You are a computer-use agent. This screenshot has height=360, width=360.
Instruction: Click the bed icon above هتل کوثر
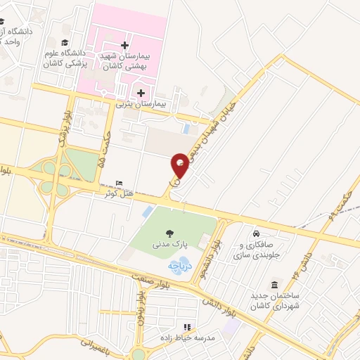pos(119,182)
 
